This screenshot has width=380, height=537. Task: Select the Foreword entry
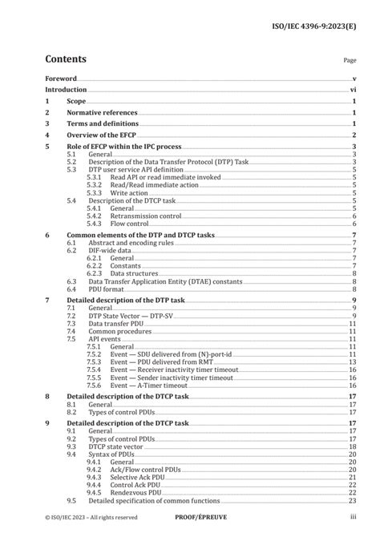[61, 79]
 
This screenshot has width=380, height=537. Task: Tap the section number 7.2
[71, 315]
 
